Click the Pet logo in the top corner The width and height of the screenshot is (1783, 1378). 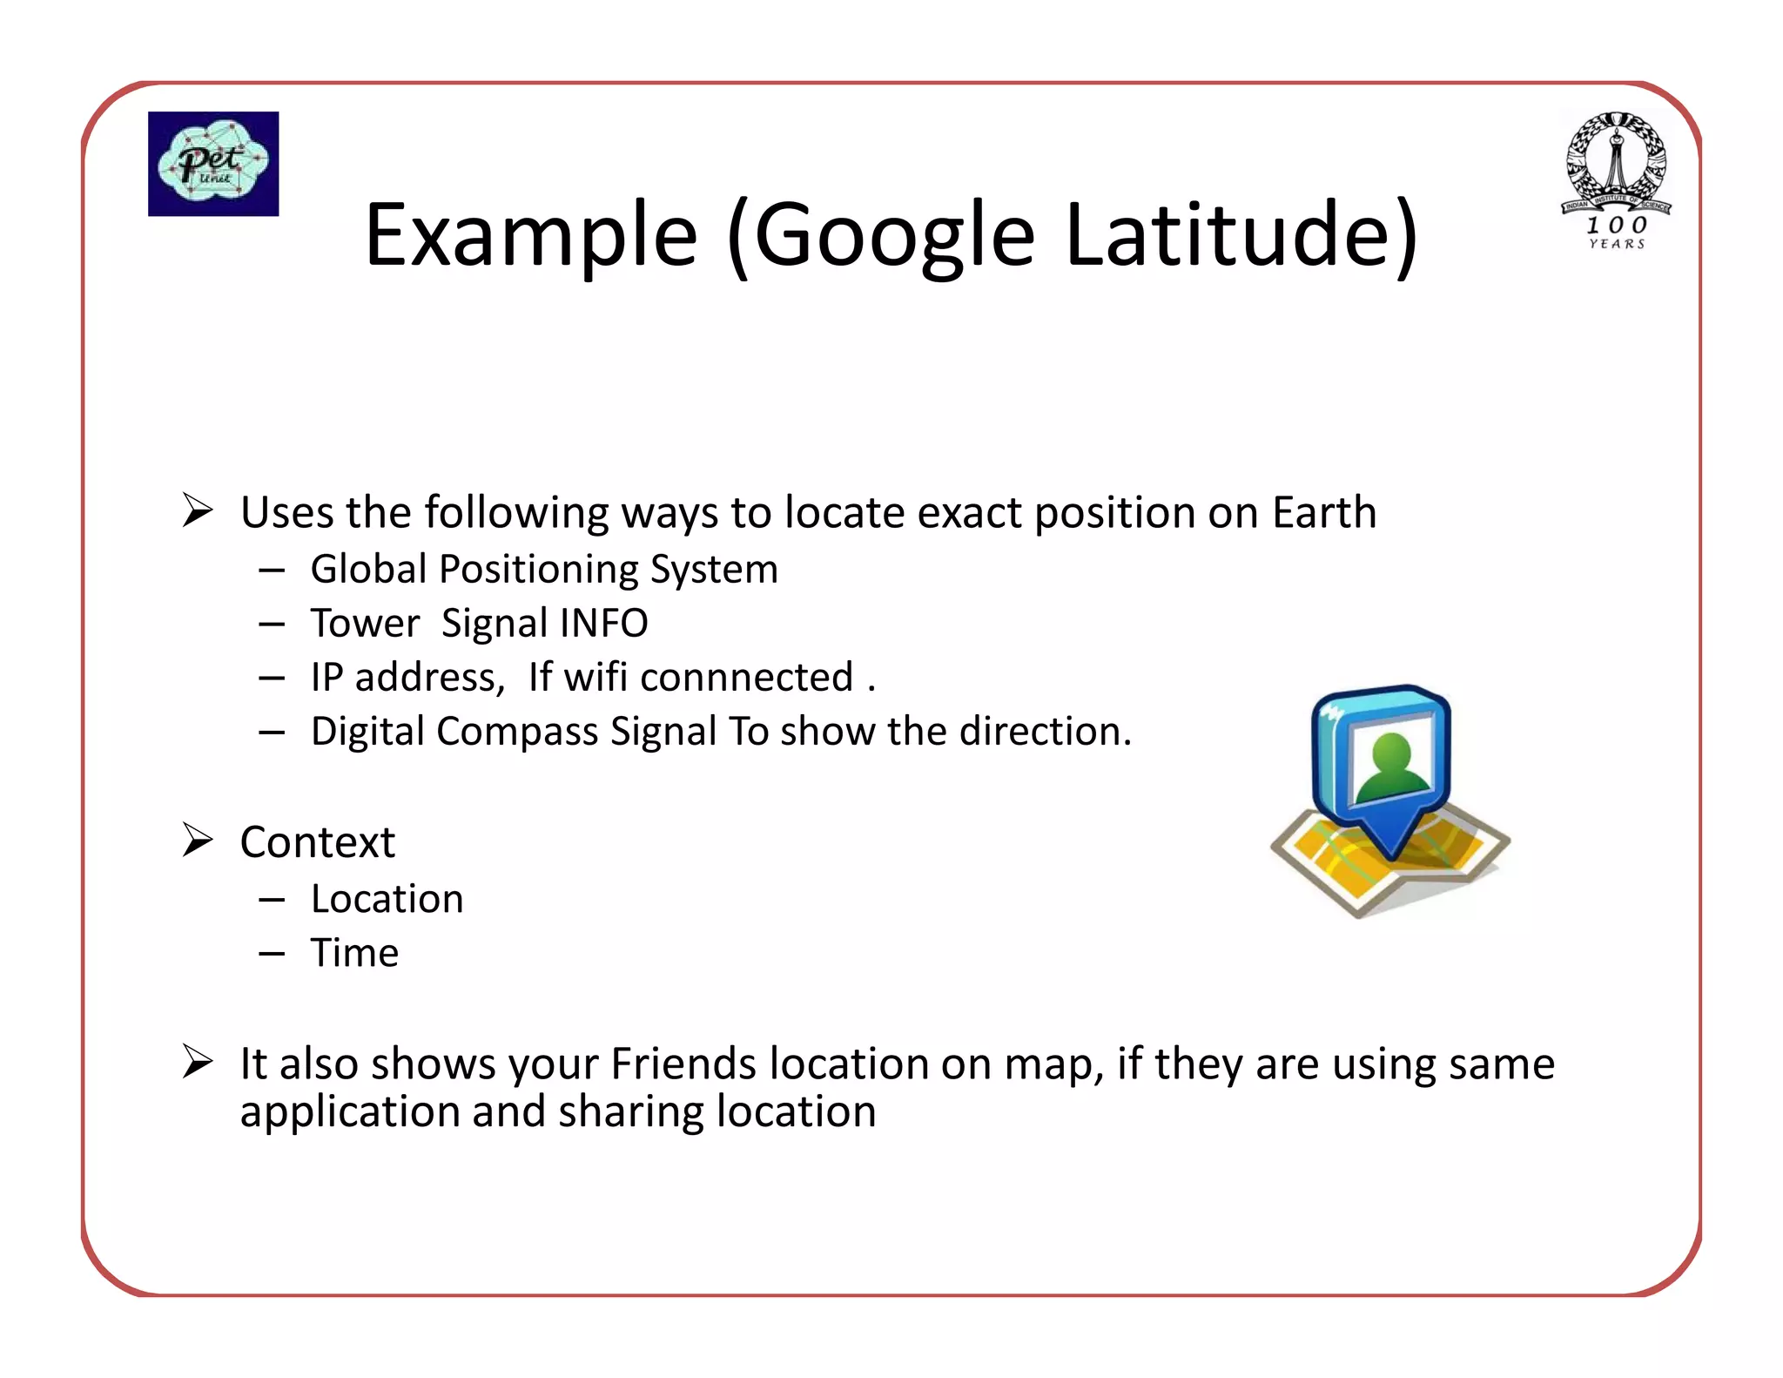coord(213,164)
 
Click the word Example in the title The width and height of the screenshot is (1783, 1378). coord(531,235)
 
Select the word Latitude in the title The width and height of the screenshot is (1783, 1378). coord(1241,235)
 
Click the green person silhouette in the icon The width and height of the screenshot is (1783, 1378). coord(1391,767)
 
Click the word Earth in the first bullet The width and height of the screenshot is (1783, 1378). coord(1324,512)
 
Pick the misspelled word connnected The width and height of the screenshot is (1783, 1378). coord(746,678)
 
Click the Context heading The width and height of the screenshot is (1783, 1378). coord(318,842)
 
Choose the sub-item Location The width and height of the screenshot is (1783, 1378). coord(387,899)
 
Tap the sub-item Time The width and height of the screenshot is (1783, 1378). coord(355,953)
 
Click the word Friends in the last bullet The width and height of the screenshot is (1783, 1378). coord(683,1064)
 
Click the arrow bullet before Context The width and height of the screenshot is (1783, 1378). coord(198,840)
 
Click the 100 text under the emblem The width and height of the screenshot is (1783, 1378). coord(1617,225)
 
